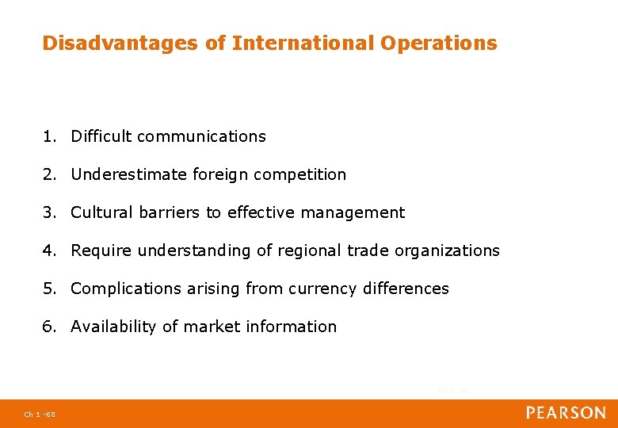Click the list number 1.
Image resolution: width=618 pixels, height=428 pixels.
coord(49,136)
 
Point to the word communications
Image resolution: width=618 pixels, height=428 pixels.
coord(201,136)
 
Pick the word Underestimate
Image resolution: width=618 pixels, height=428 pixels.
coord(129,174)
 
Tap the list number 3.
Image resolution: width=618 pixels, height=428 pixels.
coord(49,212)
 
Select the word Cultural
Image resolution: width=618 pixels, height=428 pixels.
coord(101,212)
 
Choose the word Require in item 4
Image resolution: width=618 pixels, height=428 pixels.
coord(101,250)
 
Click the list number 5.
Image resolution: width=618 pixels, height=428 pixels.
coord(49,289)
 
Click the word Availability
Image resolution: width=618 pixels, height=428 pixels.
coord(113,327)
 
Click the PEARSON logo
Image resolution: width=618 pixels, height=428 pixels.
coord(566,412)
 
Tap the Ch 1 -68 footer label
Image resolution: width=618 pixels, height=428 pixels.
coord(39,414)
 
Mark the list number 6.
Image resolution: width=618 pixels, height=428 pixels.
coord(49,327)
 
